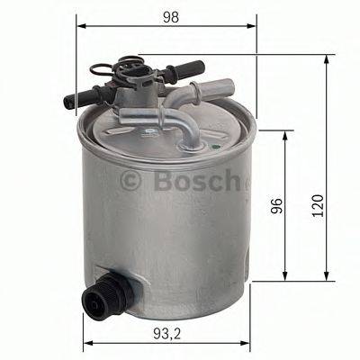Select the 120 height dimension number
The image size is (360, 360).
(x=314, y=209)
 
